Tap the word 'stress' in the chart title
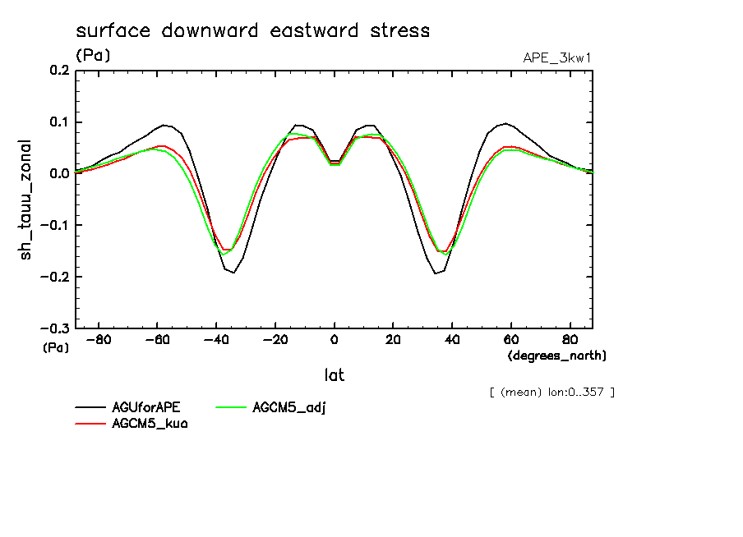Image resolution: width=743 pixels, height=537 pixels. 399,31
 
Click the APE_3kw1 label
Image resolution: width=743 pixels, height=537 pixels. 556,57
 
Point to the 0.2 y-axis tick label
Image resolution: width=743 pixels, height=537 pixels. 58,71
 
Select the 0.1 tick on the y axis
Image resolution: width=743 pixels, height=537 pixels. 58,122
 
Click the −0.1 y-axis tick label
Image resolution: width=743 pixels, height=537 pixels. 54,225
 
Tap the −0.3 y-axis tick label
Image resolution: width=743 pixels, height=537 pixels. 54,328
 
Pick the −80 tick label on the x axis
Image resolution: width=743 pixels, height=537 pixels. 99,339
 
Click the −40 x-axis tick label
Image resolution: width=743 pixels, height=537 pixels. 216,339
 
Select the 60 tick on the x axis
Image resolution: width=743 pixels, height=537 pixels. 510,339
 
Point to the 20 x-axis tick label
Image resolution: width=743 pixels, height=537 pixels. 393,339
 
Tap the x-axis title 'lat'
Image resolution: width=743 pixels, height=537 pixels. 334,375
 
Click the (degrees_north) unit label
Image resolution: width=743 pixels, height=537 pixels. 557,356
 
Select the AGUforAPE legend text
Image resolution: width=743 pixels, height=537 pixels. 145,407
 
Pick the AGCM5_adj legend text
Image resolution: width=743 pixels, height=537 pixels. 289,407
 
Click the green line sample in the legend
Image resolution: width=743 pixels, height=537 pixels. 233,407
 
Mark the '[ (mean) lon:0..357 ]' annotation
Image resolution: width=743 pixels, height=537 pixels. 551,392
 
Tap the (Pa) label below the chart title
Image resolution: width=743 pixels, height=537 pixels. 93,56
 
